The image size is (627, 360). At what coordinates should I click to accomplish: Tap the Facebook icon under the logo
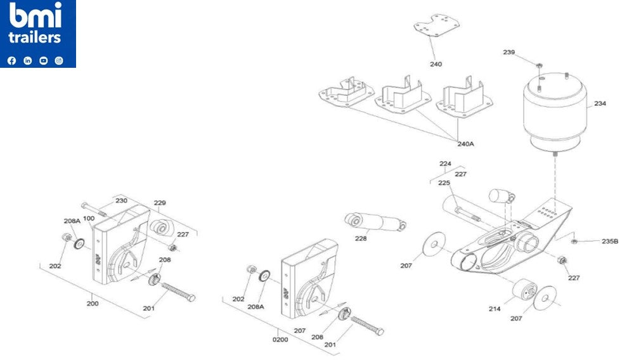click(x=11, y=61)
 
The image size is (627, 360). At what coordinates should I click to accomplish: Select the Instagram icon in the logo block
click(x=59, y=61)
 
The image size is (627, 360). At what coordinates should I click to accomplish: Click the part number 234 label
click(x=600, y=103)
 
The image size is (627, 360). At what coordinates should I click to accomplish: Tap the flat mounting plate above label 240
click(x=437, y=29)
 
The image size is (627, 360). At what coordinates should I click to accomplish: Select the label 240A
click(x=465, y=144)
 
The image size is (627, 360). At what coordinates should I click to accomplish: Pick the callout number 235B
click(x=609, y=241)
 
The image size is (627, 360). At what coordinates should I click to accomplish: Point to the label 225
click(x=444, y=183)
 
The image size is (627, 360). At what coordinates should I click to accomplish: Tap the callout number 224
click(x=445, y=164)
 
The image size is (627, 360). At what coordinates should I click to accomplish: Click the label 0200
click(x=280, y=339)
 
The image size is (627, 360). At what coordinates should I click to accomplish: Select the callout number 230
click(x=121, y=200)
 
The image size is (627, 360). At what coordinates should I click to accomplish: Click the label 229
click(x=160, y=203)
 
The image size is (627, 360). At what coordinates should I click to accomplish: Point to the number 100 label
click(x=89, y=219)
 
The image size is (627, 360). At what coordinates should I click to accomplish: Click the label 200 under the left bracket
click(x=93, y=304)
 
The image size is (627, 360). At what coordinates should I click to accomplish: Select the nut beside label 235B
click(x=573, y=241)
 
